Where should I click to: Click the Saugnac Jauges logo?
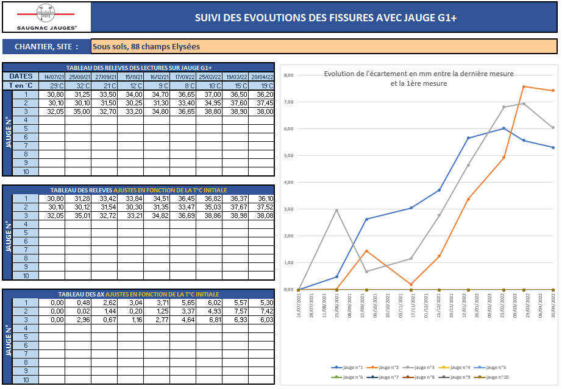click(x=48, y=17)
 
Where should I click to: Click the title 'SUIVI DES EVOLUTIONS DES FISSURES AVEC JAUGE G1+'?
click(x=325, y=18)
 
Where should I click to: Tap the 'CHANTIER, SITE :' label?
click(x=46, y=46)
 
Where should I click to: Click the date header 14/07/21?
click(x=52, y=77)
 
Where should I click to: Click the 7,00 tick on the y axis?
click(x=289, y=102)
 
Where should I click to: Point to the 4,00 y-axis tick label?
click(x=289, y=183)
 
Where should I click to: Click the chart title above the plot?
click(x=418, y=79)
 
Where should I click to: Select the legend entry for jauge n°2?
click(x=385, y=368)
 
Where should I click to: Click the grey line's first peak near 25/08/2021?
click(x=337, y=211)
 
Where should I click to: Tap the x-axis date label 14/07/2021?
click(x=299, y=303)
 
